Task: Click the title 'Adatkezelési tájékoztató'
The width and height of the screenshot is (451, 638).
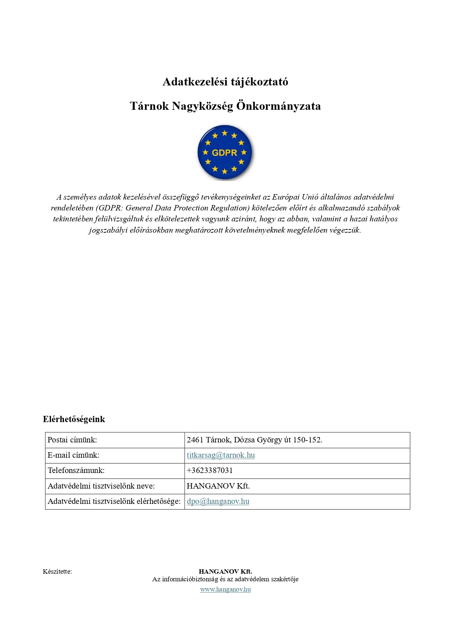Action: (225, 82)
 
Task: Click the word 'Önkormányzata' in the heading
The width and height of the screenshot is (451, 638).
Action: (278, 106)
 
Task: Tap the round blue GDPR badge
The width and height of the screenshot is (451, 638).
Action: (225, 152)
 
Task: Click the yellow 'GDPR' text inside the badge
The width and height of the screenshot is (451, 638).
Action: (224, 153)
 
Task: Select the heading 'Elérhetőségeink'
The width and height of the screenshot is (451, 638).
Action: (74, 419)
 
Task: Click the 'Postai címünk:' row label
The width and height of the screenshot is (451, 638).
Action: (72, 440)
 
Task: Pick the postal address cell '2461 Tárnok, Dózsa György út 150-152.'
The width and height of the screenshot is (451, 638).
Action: (254, 440)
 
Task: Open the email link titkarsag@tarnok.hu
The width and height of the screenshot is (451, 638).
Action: (221, 455)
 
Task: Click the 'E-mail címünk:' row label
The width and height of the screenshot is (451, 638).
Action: (73, 455)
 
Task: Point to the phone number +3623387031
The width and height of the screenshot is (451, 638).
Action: (210, 470)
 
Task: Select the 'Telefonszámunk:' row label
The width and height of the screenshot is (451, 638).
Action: (76, 470)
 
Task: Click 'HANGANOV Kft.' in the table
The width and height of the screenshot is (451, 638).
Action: (218, 486)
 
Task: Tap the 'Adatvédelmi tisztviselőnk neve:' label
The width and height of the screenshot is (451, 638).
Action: (101, 486)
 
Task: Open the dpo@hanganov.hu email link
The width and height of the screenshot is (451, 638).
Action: (218, 501)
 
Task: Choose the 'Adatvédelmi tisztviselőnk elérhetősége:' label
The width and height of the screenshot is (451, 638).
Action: (114, 501)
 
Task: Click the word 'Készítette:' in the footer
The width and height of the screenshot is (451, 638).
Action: (57, 571)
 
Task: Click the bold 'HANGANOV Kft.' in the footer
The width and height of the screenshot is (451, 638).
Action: (225, 571)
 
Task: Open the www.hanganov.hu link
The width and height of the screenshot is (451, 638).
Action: (225, 589)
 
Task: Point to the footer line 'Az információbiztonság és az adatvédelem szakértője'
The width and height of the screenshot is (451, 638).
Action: (225, 579)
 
